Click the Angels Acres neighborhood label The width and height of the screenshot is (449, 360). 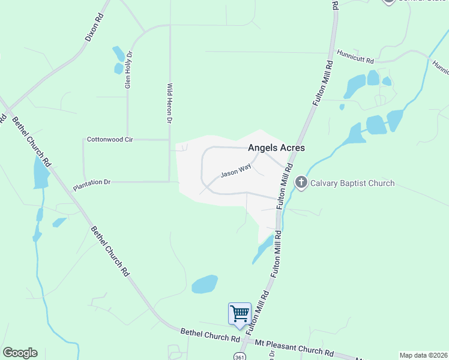[277, 148]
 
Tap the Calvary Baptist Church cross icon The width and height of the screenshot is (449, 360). [301, 183]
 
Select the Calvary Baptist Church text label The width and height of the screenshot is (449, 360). [352, 183]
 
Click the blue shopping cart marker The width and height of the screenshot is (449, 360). [240, 313]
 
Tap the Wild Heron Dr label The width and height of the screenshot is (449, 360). [170, 104]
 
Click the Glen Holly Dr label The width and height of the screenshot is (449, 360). [128, 70]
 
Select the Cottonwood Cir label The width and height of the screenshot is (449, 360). [109, 139]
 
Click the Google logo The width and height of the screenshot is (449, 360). [20, 353]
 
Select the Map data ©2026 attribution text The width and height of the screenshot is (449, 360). [423, 355]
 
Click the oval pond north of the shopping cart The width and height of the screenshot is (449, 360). [205, 284]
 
